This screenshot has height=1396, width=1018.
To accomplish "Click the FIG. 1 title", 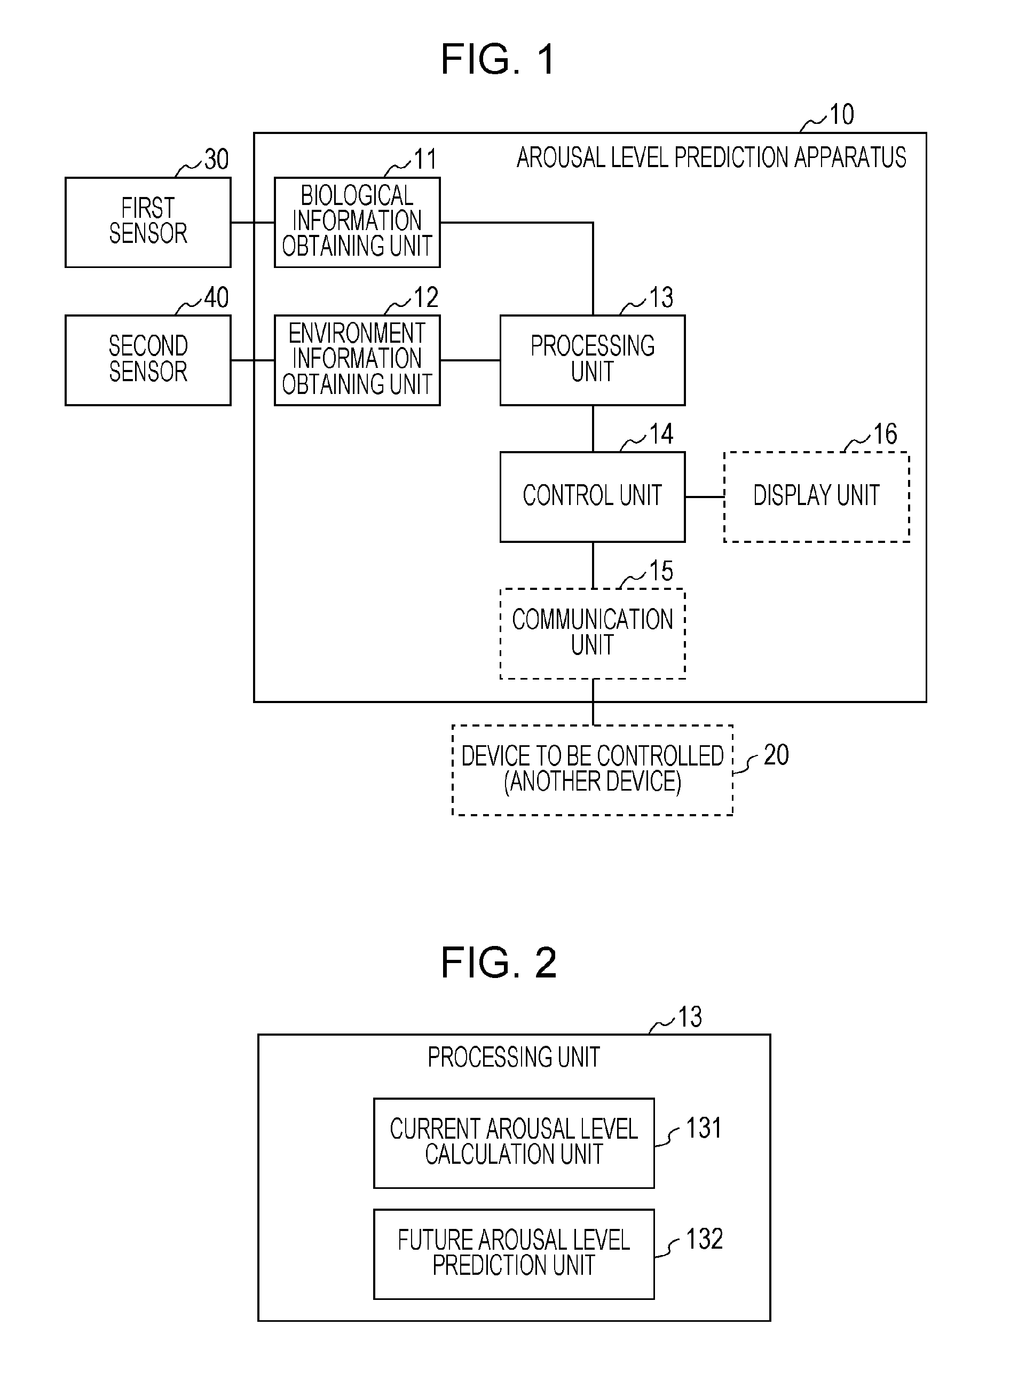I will pyautogui.click(x=498, y=60).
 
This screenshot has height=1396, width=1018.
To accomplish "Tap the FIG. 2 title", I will pyautogui.click(x=498, y=963).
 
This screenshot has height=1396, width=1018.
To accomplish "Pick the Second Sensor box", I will pyautogui.click(x=148, y=360).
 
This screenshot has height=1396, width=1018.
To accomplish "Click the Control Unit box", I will pyautogui.click(x=592, y=496).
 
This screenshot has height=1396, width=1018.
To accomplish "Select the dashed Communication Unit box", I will pyautogui.click(x=592, y=633).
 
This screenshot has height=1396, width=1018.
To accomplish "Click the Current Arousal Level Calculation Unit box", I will pyautogui.click(x=514, y=1143).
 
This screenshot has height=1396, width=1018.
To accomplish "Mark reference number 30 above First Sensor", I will pyautogui.click(x=216, y=160).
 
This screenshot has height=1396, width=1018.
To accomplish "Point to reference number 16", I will pyautogui.click(x=885, y=435).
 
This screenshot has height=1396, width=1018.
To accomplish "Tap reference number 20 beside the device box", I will pyautogui.click(x=776, y=755).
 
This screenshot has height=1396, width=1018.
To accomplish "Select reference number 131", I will pyautogui.click(x=703, y=1128).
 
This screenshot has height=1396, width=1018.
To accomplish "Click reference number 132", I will pyautogui.click(x=704, y=1239).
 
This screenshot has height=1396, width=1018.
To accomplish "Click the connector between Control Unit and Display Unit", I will pyautogui.click(x=704, y=496).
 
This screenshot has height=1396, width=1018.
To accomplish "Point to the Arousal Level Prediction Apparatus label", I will pyautogui.click(x=711, y=157).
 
